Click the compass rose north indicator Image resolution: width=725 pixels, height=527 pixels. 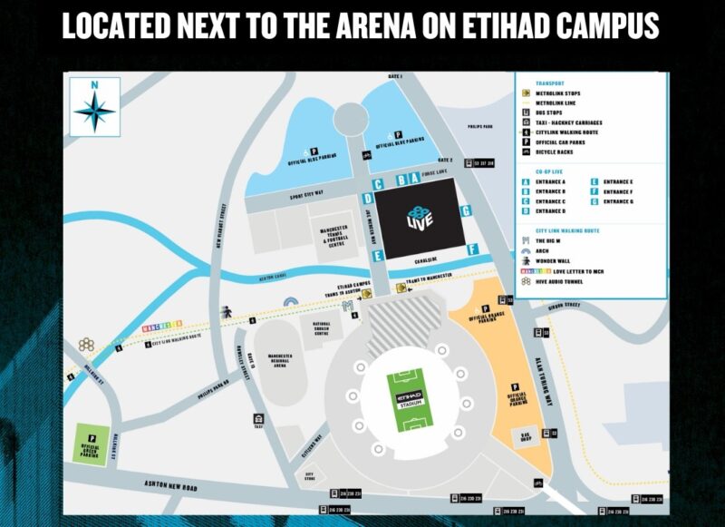(94, 107)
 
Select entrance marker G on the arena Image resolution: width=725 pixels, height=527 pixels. (465, 210)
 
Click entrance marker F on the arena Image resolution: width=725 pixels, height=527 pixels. (471, 249)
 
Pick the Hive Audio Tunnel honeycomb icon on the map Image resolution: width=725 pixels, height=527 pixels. (86, 345)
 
